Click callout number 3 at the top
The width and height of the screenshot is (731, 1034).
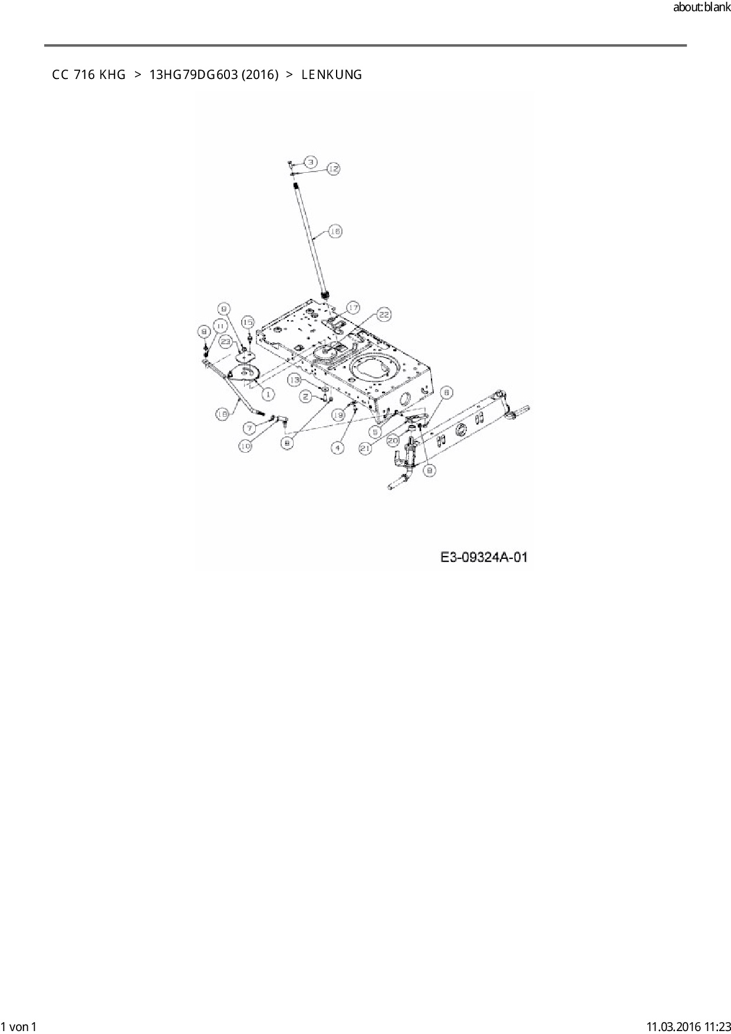pos(311,162)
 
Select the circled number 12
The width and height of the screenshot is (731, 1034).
pos(333,169)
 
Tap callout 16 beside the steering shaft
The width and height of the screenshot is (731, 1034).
pos(334,232)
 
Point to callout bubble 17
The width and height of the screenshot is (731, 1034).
pos(353,308)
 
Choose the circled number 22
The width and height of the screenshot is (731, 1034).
pos(384,315)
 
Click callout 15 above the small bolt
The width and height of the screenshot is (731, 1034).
pos(248,322)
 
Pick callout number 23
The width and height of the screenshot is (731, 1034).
pos(225,340)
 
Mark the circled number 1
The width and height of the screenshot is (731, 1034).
pos(268,393)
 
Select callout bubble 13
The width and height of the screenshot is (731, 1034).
pos(294,380)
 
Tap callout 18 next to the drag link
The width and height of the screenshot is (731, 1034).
pos(222,414)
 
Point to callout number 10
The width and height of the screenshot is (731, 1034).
pos(245,446)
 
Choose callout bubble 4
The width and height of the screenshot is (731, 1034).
pos(337,448)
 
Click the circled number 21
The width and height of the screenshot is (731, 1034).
pos(365,449)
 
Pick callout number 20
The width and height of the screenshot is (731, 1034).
pos(393,440)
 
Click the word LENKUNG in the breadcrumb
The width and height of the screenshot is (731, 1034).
pos(331,75)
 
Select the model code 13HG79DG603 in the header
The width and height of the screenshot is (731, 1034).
pos(193,75)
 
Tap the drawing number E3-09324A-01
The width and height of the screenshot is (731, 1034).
pos(483,557)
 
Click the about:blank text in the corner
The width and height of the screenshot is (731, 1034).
pos(702,8)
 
